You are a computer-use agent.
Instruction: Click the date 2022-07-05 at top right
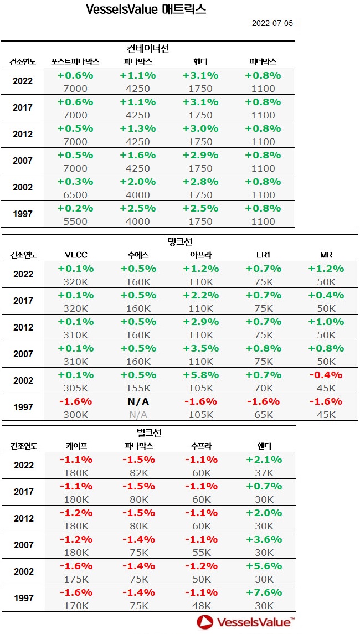point(272,24)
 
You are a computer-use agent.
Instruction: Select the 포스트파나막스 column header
point(75,61)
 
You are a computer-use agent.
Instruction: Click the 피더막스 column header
point(263,61)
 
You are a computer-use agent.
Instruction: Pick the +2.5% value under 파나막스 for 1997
point(138,208)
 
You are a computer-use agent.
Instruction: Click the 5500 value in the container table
point(76,221)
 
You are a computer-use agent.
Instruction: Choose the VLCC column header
point(76,255)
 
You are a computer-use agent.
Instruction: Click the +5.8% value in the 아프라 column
point(200,375)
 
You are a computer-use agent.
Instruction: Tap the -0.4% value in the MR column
point(327,375)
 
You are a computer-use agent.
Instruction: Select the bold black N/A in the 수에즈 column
point(138,401)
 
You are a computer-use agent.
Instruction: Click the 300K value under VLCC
point(76,415)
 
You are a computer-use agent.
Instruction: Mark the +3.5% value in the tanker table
point(200,348)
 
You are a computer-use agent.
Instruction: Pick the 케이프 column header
point(76,446)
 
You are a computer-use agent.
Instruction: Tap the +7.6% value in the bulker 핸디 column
point(263,592)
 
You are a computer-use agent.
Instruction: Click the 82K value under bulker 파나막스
point(138,473)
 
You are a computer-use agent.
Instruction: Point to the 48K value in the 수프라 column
point(200,606)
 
